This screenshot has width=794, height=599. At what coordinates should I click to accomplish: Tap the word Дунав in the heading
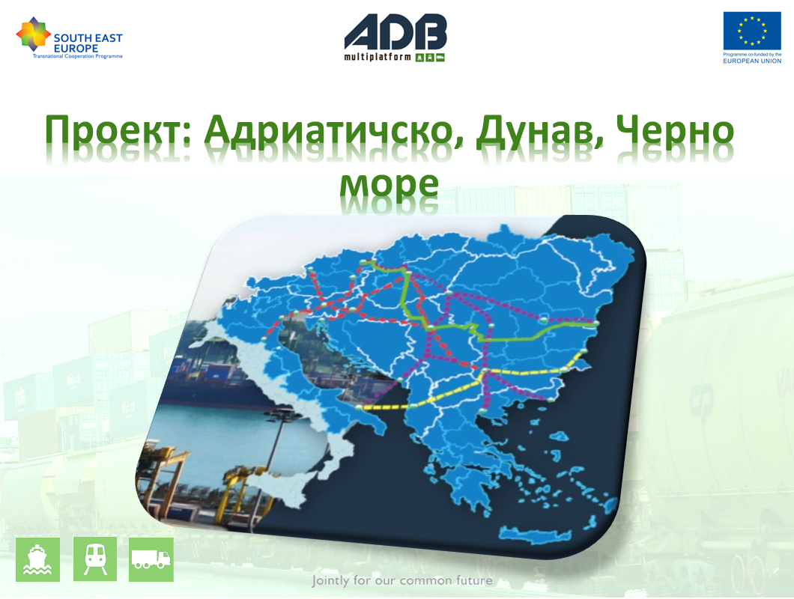point(539,132)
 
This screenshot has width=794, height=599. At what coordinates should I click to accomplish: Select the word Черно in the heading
point(675,130)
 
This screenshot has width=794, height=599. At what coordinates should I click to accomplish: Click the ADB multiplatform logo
point(395,37)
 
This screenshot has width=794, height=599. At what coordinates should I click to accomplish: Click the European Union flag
point(752,31)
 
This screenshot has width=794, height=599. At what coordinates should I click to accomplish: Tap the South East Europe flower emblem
point(34,34)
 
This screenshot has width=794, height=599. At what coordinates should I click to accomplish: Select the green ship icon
point(38,559)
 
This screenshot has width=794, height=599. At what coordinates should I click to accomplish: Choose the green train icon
point(95,559)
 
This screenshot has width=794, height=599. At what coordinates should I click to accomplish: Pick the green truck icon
point(151,559)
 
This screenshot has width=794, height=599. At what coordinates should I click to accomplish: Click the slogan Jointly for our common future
point(402,580)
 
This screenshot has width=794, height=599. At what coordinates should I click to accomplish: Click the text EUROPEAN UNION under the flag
point(752,61)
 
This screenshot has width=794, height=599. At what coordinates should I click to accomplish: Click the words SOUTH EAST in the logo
point(88,38)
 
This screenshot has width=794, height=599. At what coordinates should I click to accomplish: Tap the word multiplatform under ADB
point(378,57)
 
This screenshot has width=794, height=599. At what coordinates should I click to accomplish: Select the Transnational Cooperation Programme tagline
point(78,56)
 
